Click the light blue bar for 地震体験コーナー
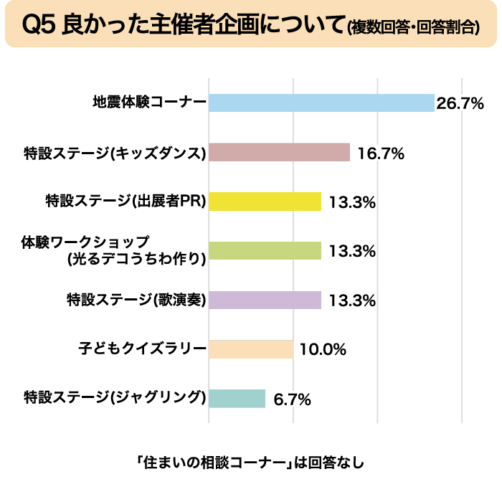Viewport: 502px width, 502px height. pyautogui.click(x=321, y=103)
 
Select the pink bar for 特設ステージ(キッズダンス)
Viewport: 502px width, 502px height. pyautogui.click(x=279, y=153)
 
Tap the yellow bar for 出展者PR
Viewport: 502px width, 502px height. pyautogui.click(x=265, y=202)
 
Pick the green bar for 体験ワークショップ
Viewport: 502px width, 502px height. pyautogui.click(x=265, y=250)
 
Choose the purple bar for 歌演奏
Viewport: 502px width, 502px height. pyautogui.click(x=265, y=300)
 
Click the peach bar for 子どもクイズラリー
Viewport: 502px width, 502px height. pyautogui.click(x=251, y=349)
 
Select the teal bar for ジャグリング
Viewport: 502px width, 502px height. pyautogui.click(x=237, y=398)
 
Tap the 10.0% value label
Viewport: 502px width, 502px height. pyautogui.click(x=323, y=350)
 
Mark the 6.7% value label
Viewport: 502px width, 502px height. pyautogui.click(x=292, y=399)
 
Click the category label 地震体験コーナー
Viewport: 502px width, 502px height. pyautogui.click(x=149, y=103)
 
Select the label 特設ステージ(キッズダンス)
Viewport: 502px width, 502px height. pyautogui.click(x=115, y=153)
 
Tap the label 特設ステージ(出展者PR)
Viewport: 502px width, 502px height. pyautogui.click(x=126, y=202)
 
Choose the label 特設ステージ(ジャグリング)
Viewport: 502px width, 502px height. pyautogui.click(x=115, y=398)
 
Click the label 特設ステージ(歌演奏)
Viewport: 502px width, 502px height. pyautogui.click(x=136, y=300)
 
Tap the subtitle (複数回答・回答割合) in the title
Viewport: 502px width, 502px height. pyautogui.click(x=412, y=29)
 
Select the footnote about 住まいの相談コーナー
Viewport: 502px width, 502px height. pyautogui.click(x=250, y=462)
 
